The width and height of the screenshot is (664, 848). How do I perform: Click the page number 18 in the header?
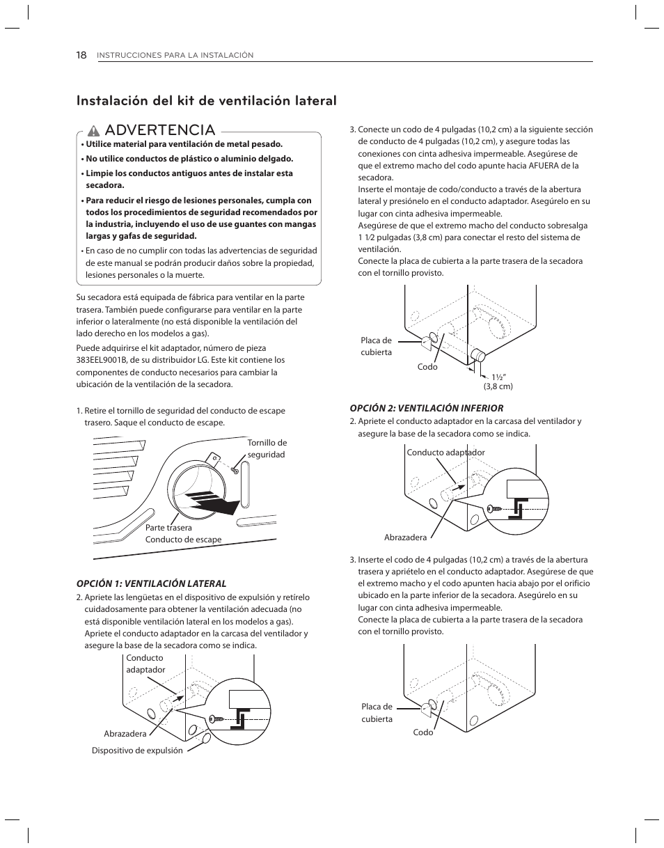[81, 55]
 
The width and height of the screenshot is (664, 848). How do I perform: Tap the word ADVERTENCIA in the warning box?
[161, 130]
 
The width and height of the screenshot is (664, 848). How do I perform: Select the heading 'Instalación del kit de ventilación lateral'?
[207, 100]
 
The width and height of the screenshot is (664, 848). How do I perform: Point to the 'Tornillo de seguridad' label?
[267, 448]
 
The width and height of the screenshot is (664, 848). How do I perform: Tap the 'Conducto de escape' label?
[183, 540]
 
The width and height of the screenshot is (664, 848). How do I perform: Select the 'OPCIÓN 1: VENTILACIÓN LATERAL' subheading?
[151, 583]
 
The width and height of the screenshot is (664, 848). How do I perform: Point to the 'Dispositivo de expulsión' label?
[137, 751]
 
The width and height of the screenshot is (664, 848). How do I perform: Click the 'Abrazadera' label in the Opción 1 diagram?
[125, 734]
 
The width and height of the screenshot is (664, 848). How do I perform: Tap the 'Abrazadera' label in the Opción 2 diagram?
[405, 537]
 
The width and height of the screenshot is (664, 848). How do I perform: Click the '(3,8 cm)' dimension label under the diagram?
[498, 386]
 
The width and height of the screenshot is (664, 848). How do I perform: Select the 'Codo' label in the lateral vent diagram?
[427, 367]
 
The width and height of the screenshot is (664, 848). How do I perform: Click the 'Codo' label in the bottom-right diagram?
[423, 732]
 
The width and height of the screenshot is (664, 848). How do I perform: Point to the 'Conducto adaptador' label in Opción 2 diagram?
[445, 453]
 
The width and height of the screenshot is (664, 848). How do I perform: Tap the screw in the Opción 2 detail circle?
[493, 509]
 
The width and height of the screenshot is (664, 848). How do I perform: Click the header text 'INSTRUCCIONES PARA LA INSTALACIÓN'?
[175, 56]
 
